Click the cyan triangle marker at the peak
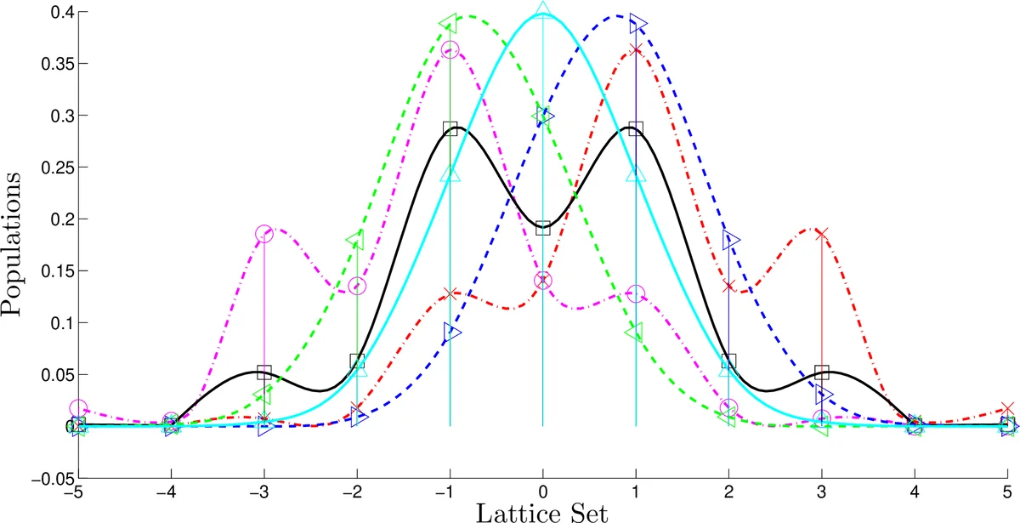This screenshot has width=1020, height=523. [x=543, y=12]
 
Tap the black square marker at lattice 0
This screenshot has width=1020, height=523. [x=543, y=228]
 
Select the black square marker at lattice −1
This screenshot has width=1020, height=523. [x=450, y=129]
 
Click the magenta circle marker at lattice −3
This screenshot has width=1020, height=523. [x=264, y=234]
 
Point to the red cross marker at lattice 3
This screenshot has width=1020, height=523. [x=822, y=233]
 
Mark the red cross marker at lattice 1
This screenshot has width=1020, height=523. [x=636, y=50]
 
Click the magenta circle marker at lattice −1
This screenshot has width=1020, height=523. [x=450, y=50]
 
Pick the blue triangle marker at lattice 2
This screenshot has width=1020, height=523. [x=729, y=239]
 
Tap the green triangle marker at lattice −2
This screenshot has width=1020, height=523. [x=356, y=240]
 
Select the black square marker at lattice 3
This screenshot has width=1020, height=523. [x=822, y=372]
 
